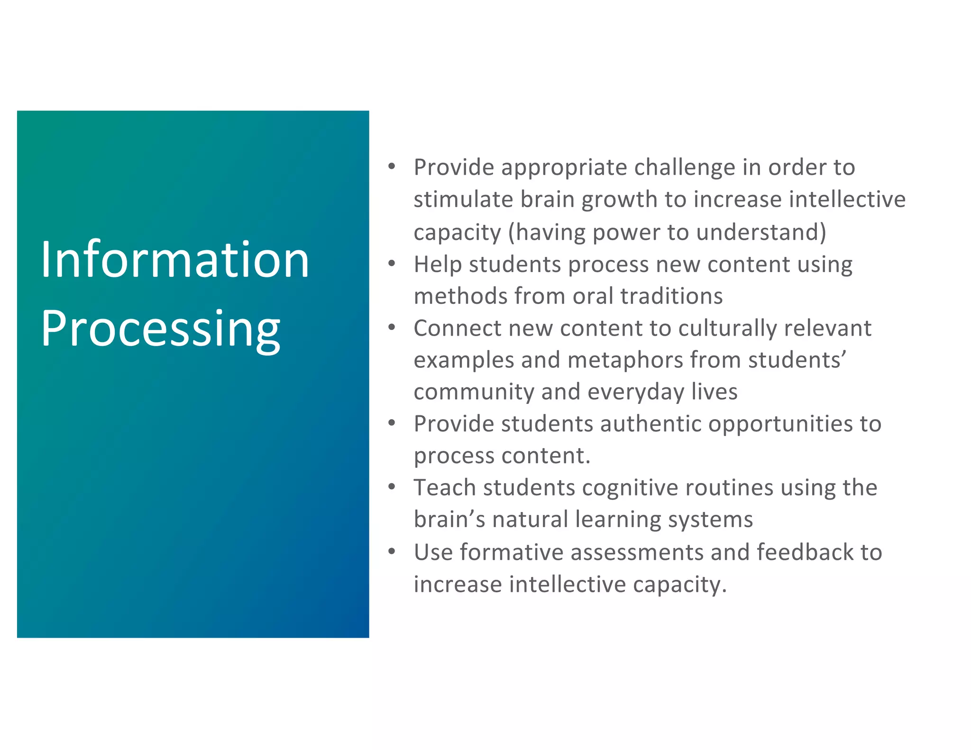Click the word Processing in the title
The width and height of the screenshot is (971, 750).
[x=161, y=329]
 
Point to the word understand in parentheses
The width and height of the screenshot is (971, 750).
[x=757, y=232]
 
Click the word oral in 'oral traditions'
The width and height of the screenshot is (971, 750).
[x=593, y=296]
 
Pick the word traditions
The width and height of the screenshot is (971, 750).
[x=671, y=296]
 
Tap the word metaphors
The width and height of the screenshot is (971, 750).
[x=625, y=360]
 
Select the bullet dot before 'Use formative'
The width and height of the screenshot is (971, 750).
[x=392, y=551]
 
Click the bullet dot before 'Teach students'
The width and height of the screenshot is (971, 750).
[x=392, y=487]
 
